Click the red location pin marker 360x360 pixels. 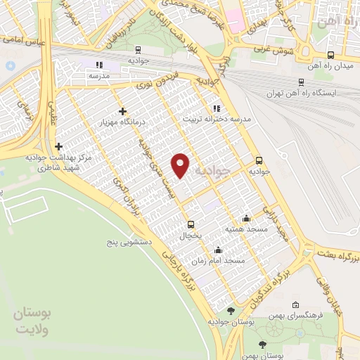[181, 165]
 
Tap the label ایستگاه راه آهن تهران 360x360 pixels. [302, 93]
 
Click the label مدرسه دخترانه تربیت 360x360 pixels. [217, 119]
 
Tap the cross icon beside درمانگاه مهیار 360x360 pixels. [124, 110]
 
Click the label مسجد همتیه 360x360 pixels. [245, 229]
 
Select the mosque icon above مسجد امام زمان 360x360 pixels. [218, 249]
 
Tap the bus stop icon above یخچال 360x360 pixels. [191, 224]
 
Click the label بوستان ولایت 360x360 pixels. [33, 319]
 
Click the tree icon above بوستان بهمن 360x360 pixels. [262, 345]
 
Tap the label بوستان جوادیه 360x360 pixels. [230, 322]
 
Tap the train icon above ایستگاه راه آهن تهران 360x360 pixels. [302, 82]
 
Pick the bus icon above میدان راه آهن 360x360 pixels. [330, 54]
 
